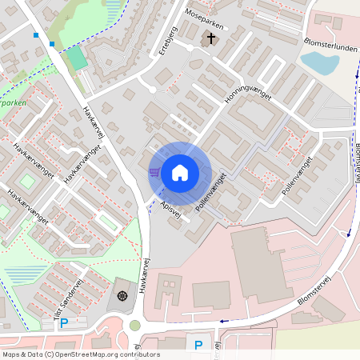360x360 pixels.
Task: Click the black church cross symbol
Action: [211, 38]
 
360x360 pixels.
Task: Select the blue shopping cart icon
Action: [154, 171]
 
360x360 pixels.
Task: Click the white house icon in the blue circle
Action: [180, 172]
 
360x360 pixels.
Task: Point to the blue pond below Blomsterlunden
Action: [319, 62]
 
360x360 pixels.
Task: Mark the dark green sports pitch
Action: [77, 58]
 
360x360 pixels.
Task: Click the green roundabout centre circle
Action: [134, 325]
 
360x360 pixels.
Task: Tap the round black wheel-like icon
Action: [122, 296]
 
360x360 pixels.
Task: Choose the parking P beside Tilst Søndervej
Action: [65, 323]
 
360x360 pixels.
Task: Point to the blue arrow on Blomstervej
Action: [224, 321]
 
